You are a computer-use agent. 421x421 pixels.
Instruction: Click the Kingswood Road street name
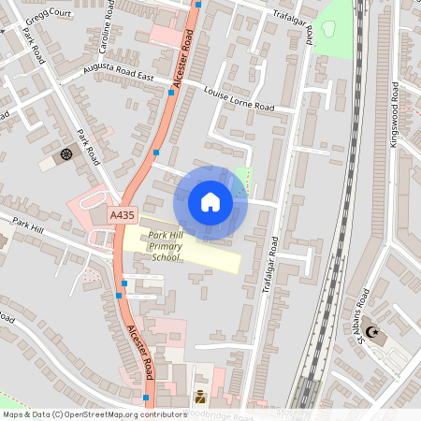(395, 111)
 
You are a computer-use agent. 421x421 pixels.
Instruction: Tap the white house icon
(210, 201)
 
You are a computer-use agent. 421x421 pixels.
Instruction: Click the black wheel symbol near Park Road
(65, 153)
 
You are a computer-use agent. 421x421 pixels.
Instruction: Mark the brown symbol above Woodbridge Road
(199, 397)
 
